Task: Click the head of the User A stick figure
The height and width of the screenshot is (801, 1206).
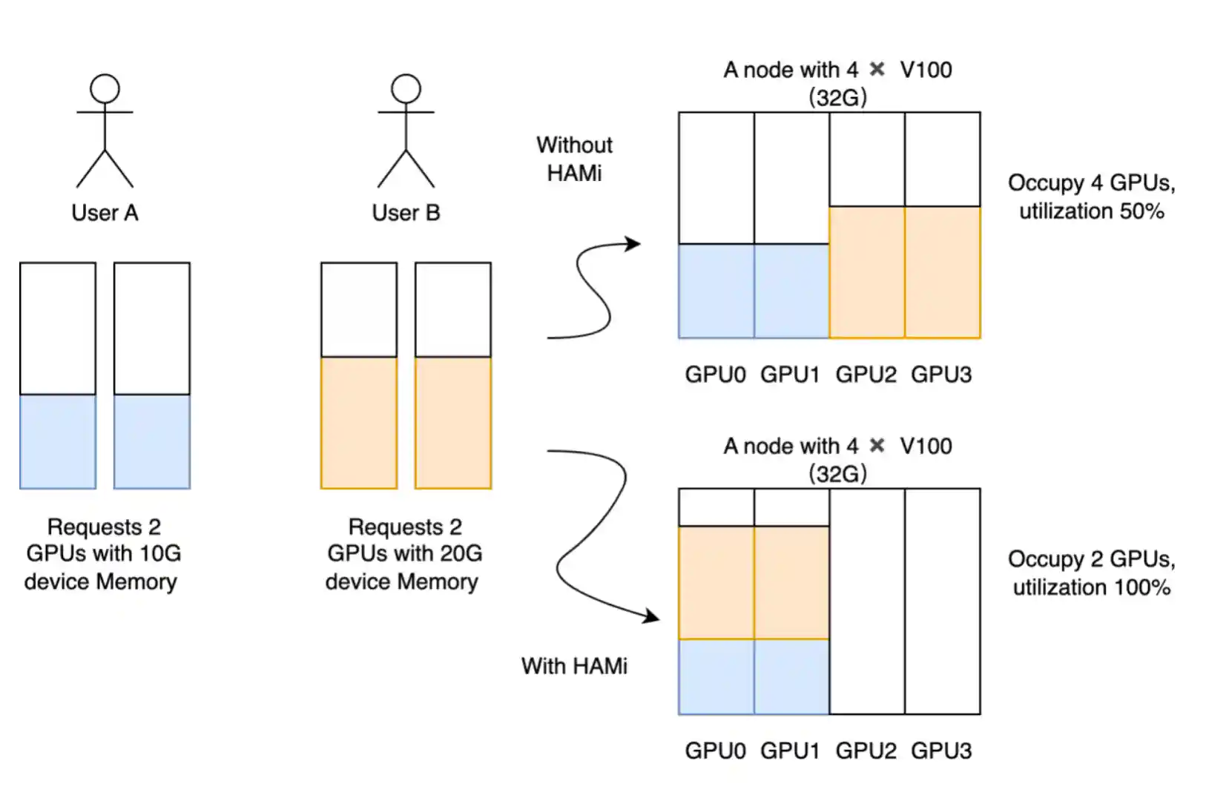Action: coord(105,88)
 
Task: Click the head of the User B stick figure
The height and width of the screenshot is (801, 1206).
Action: coord(406,88)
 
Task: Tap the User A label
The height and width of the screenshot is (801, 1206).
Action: coord(105,213)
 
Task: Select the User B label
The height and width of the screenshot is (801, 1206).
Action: coord(406,213)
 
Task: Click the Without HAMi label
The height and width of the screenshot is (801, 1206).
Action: coord(574,159)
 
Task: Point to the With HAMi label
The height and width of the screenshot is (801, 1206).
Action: coord(574,666)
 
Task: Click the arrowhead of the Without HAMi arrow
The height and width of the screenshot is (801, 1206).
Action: coord(633,243)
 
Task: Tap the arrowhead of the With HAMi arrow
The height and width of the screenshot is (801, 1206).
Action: coord(652,616)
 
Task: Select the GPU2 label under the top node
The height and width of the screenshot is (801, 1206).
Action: coord(866,375)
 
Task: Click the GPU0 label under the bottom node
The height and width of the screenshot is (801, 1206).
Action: coord(715,751)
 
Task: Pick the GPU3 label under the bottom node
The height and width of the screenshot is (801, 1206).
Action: coord(941,751)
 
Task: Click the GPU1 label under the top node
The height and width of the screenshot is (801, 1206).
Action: coord(790,375)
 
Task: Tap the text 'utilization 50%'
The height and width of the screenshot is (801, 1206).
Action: coord(1091,211)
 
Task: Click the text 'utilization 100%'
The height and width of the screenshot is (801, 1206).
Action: coord(1091,587)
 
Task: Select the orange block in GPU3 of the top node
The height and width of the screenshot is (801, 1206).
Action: coord(943,272)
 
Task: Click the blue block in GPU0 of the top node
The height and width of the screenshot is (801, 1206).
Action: coord(716,291)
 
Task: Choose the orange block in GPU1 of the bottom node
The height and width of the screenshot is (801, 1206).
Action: coord(791,582)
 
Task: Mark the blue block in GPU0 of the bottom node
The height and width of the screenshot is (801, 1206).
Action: coord(716,676)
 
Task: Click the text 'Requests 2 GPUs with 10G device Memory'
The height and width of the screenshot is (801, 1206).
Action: coord(103,554)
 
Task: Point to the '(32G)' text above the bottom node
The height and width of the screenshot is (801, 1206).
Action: coord(837,473)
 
